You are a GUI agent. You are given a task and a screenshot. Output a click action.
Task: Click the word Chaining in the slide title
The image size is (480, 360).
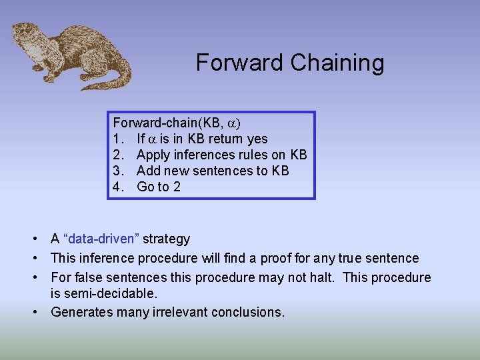pos(337,63)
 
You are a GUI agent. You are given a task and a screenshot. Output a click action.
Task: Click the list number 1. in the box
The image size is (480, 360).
pos(118,139)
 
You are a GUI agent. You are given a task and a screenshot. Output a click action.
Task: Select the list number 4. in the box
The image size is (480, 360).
pos(119,187)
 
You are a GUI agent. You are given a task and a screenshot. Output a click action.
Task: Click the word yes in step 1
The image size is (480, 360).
pos(257,139)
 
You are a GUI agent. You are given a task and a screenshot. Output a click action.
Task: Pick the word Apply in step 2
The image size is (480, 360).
pos(152,155)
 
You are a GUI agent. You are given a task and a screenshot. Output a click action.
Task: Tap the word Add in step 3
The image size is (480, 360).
pos(149,171)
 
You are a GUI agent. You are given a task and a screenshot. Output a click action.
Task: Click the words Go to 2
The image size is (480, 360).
pos(159,187)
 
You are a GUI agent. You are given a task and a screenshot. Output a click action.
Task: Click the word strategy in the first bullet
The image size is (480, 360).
pos(166,239)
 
